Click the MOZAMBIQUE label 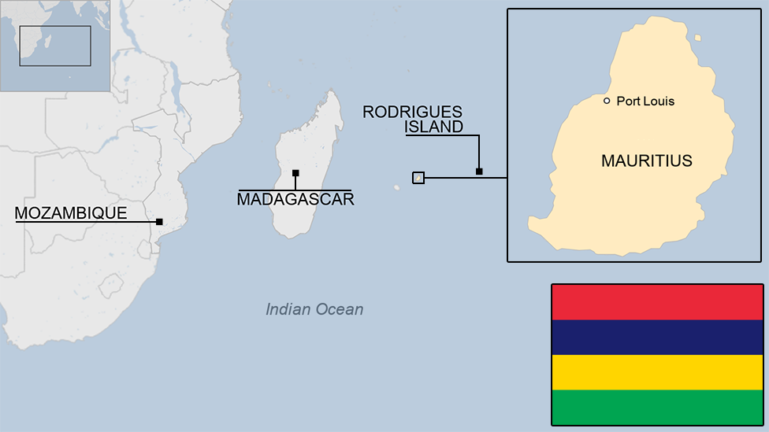tap(71, 213)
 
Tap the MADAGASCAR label tap(295, 200)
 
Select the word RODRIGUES tap(412, 113)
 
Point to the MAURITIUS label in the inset tap(646, 161)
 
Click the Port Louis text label tap(645, 101)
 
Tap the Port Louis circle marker tap(607, 101)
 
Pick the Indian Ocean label tap(314, 309)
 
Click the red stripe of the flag tap(656, 302)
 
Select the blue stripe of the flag tap(656, 337)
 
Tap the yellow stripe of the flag tap(656, 372)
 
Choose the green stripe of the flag tap(656, 407)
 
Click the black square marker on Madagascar tap(295, 173)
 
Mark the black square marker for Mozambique tap(159, 222)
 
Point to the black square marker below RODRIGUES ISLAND tap(479, 171)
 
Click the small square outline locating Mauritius tap(418, 178)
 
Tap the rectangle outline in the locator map tap(55, 46)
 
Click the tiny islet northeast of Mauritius tap(697, 37)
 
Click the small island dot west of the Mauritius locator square tap(397, 187)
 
